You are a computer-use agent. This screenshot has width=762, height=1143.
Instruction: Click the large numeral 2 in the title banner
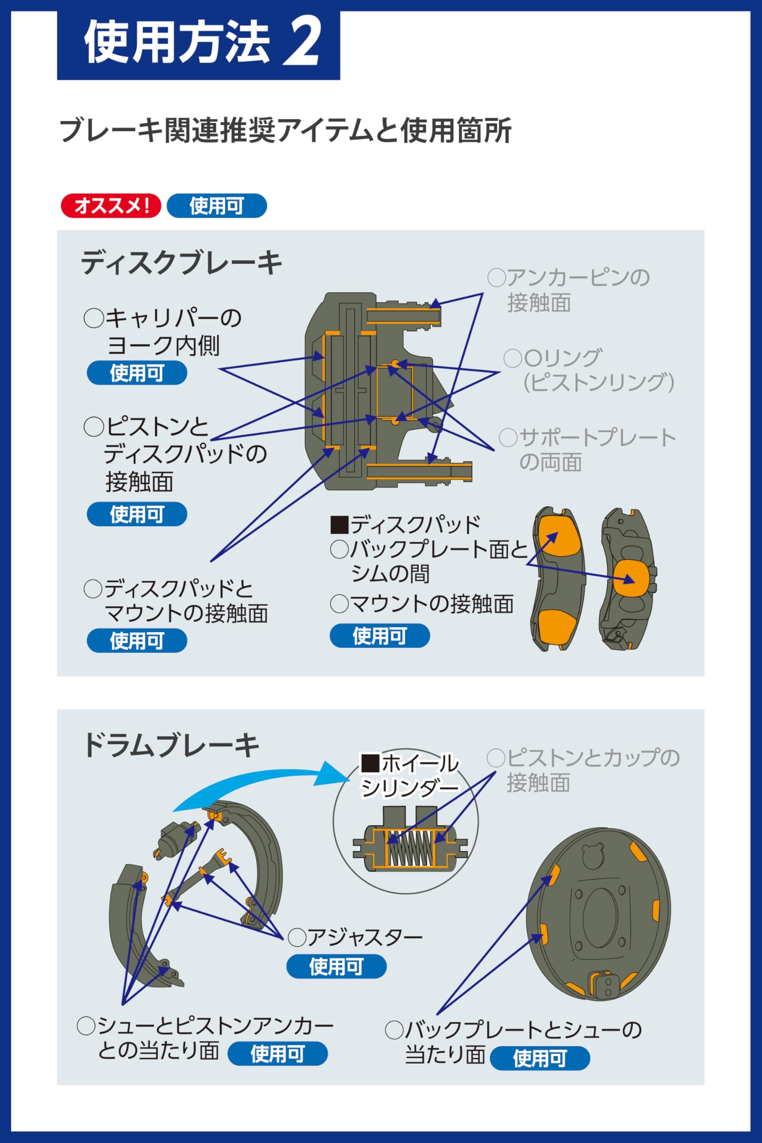(x=302, y=40)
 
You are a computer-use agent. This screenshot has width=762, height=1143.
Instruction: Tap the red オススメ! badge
(x=111, y=205)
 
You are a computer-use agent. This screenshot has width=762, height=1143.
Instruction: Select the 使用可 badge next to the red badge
(x=217, y=205)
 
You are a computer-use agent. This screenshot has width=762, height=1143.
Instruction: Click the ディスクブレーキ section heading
(x=181, y=263)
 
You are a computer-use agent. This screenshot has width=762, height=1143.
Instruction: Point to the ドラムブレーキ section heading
(x=171, y=745)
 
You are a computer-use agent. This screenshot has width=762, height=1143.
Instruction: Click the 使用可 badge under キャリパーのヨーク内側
(x=137, y=373)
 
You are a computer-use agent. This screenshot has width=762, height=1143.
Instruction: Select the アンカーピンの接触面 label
(x=569, y=290)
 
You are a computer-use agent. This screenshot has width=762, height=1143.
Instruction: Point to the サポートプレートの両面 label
(x=587, y=450)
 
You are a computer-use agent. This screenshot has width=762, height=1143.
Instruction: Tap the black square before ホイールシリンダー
(x=369, y=763)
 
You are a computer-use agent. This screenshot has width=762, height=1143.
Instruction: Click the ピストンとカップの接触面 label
(x=583, y=770)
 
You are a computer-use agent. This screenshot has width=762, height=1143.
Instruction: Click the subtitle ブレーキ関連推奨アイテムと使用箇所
(x=285, y=130)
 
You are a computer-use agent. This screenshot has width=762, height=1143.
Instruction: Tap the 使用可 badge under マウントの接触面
(x=380, y=636)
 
